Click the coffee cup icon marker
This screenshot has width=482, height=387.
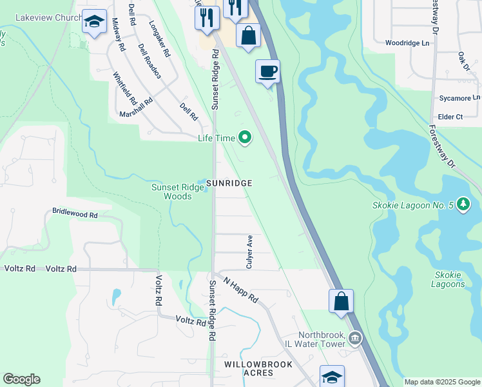point(267,71)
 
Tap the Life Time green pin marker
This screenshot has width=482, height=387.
point(245,137)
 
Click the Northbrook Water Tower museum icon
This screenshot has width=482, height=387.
point(354,337)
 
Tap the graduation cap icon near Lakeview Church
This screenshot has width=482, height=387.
point(95,22)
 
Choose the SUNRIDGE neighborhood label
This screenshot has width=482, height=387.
point(229,184)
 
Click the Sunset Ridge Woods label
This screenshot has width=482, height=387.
point(171,192)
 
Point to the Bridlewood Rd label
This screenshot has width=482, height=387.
point(75,212)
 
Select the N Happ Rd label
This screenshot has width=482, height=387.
point(241,290)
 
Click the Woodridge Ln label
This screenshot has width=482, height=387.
point(407,43)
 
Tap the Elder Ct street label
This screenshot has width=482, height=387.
point(450,117)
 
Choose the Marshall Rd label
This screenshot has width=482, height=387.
point(135,108)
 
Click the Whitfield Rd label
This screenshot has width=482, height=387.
point(124,88)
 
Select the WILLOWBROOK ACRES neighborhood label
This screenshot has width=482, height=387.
point(258,369)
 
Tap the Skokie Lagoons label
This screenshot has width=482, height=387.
point(448,280)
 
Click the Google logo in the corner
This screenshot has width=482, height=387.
point(21,379)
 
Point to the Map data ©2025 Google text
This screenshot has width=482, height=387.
point(442,382)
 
